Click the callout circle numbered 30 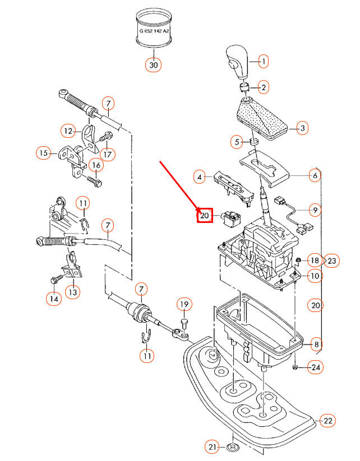154,65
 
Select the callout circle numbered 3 302,129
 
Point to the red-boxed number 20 204,215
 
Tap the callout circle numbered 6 315,175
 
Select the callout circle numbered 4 199,178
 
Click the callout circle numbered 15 43,152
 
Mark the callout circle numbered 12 68,131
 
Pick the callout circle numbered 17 107,153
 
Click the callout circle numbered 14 53,299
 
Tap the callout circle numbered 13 74,291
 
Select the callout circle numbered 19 184,305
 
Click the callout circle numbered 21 211,446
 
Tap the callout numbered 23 331,260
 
